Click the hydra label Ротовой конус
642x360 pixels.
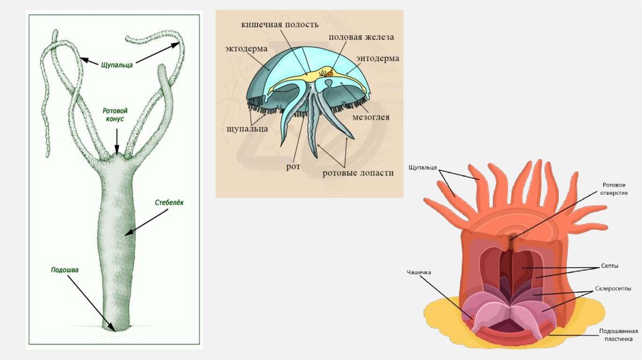coord(116,114)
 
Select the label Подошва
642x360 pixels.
coord(65,270)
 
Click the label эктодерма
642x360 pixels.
coord(246,48)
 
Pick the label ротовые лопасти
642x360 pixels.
coord(358,172)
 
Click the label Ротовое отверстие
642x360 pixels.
coord(614,189)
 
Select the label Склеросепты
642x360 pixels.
coord(614,290)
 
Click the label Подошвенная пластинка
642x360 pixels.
coord(618,335)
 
